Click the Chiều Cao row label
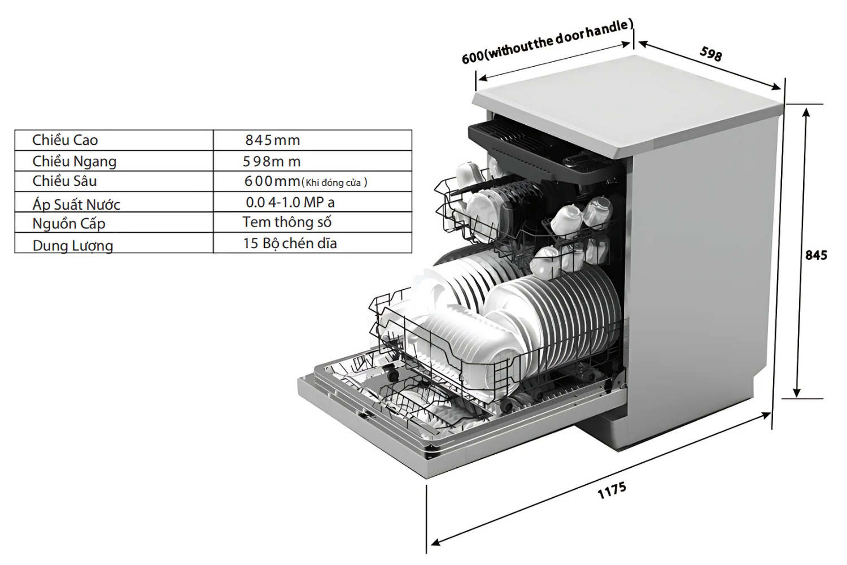click(65, 140)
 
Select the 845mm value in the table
click(273, 140)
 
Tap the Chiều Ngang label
click(75, 162)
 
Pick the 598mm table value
click(272, 162)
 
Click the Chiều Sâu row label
click(65, 181)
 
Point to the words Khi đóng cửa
click(333, 183)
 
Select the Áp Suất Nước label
click(76, 205)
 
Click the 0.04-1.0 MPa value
click(290, 202)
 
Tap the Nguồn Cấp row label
click(69, 223)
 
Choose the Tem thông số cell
click(287, 222)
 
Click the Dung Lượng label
click(73, 246)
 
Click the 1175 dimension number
click(612, 490)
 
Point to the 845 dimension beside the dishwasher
click(816, 255)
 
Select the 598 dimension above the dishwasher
click(711, 54)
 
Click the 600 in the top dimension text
click(473, 58)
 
